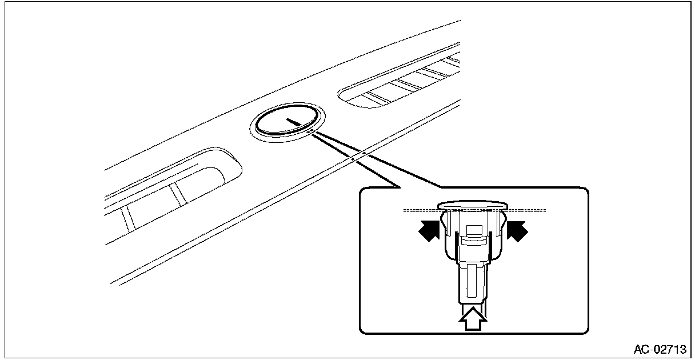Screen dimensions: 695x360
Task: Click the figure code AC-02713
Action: click(x=660, y=350)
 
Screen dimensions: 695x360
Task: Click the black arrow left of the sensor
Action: click(x=429, y=230)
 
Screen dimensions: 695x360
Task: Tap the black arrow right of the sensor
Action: click(x=517, y=231)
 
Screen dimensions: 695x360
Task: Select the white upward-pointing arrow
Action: click(x=473, y=319)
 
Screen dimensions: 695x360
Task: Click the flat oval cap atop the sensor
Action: click(x=473, y=205)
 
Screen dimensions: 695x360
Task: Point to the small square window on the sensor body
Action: click(x=474, y=230)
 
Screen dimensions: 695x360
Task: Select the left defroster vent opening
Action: click(x=173, y=191)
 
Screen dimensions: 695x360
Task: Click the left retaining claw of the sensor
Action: click(x=445, y=223)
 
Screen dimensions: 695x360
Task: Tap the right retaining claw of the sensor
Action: click(x=502, y=223)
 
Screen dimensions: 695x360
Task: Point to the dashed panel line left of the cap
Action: click(x=421, y=211)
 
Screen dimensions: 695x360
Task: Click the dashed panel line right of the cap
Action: click(x=526, y=211)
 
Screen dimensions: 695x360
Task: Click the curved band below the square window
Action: click(x=474, y=240)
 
